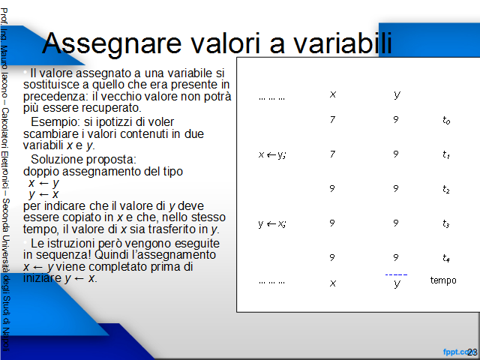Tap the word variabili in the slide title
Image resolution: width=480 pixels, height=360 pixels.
[x=343, y=43]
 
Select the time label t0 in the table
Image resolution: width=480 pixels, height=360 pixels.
[x=446, y=120]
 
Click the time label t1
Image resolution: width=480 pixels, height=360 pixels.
[x=446, y=154]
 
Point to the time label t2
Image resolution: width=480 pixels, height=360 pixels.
[x=446, y=189]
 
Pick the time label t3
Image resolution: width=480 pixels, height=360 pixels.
[x=446, y=223]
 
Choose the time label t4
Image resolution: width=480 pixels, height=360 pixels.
[x=446, y=258]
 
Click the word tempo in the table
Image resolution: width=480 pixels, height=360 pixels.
[x=443, y=280]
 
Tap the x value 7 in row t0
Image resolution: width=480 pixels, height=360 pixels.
[x=333, y=119]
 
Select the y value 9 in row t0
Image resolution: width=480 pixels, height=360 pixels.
[x=396, y=119]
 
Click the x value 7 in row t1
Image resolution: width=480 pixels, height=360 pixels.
[x=333, y=154]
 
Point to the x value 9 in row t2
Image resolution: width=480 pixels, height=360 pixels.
[x=332, y=188]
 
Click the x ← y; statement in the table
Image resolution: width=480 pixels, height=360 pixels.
[x=272, y=155]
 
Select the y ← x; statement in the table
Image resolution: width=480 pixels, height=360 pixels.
[x=272, y=224]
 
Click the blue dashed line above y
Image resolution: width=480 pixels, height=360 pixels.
[x=396, y=274]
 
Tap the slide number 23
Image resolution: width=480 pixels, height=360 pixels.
[x=472, y=352]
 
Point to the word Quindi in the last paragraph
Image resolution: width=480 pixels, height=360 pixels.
[x=109, y=255]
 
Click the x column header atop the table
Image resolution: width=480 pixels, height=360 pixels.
[x=333, y=94]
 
